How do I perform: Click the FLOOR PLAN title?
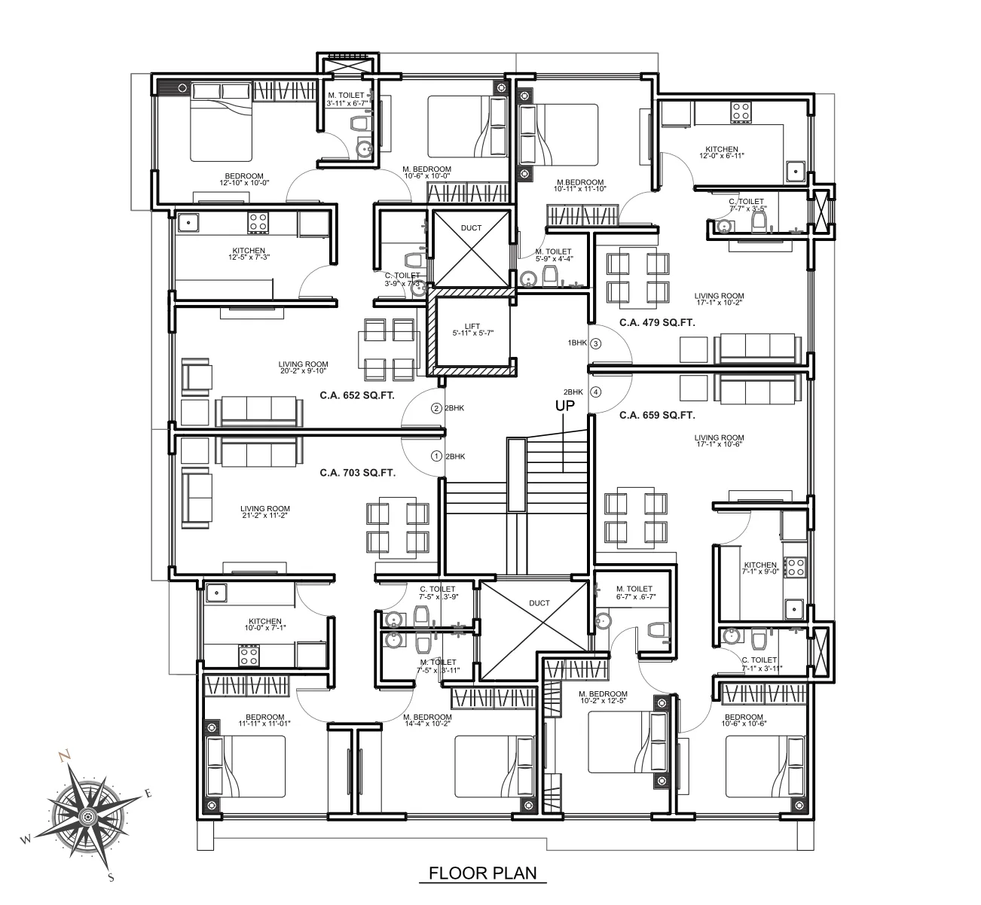[x=483, y=873]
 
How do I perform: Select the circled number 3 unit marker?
[x=596, y=343]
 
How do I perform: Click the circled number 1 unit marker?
[x=436, y=456]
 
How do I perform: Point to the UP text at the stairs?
[x=565, y=406]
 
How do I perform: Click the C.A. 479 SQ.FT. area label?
[x=657, y=322]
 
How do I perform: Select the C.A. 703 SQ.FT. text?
[x=358, y=473]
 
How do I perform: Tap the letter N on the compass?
[x=63, y=755]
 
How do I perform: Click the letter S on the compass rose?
[x=112, y=877]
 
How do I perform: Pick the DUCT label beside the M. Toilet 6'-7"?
[x=539, y=603]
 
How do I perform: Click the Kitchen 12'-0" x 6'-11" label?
[x=722, y=152]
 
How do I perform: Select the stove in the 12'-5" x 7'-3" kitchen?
[x=258, y=223]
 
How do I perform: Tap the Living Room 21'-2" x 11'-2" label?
[x=264, y=511]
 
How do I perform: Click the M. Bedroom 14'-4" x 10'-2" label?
[x=427, y=720]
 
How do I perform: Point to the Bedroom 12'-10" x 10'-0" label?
[x=244, y=178]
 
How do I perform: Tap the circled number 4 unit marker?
[x=596, y=392]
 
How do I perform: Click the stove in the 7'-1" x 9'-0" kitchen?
[x=795, y=567]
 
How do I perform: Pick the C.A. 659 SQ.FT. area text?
[x=657, y=415]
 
